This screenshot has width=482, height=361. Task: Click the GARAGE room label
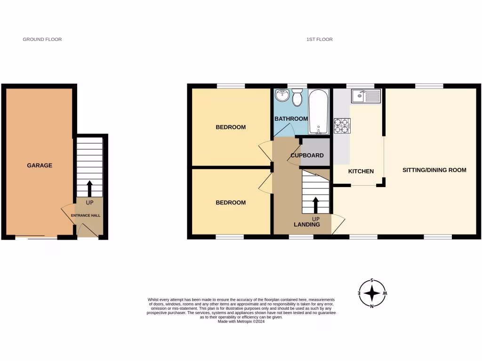point(40,165)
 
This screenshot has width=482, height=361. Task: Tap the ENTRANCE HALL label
point(86,215)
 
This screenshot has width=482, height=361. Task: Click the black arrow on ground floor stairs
point(89,188)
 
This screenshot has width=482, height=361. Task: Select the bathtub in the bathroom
point(319,112)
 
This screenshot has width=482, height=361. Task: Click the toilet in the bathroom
point(297,98)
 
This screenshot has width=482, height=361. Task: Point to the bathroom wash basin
point(282,95)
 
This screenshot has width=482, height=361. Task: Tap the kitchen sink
point(366,97)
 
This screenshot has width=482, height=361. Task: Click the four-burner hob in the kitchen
point(342,125)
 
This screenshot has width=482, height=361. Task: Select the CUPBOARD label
point(307,155)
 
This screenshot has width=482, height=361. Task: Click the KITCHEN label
point(361,171)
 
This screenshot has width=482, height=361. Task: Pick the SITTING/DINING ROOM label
point(434,170)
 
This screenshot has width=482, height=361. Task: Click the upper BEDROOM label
point(231,127)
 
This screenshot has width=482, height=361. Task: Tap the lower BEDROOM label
point(231,203)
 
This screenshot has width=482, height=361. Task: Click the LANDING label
point(307,225)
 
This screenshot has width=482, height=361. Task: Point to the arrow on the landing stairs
point(315,205)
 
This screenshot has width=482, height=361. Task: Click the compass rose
point(372,293)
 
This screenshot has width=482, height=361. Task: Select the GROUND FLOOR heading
point(42,39)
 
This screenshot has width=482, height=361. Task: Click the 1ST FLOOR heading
point(319,39)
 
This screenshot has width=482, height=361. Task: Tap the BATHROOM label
point(291,118)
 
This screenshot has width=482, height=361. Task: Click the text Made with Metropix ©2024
point(241,322)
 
